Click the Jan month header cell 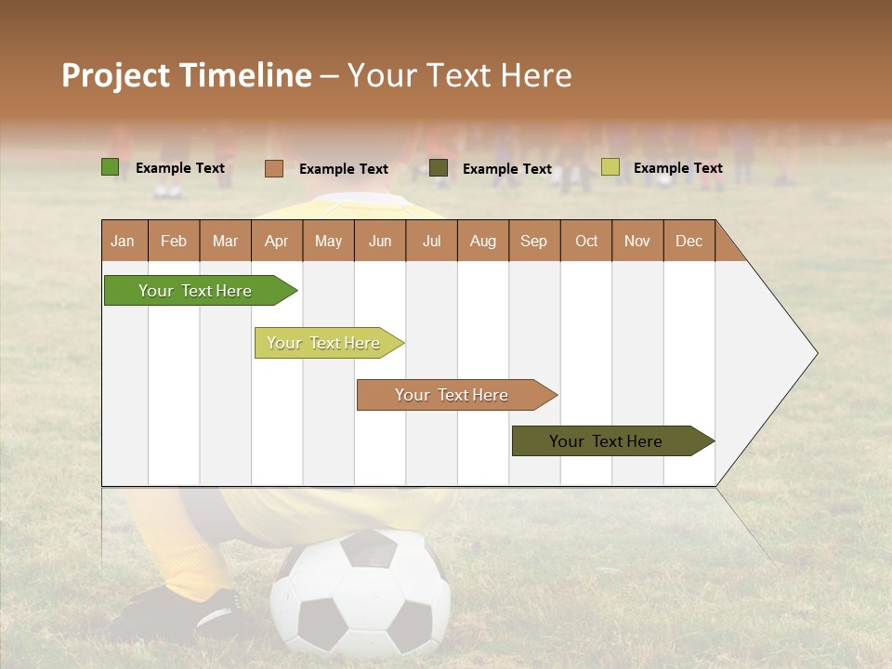tap(124, 241)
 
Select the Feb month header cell tap(174, 241)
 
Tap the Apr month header tap(277, 241)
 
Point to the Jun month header tap(380, 241)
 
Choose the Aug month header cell tap(483, 241)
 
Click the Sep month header tap(534, 241)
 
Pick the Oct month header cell tap(586, 241)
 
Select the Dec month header tap(689, 241)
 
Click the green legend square tap(111, 167)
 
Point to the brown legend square tap(274, 168)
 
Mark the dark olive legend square tap(439, 168)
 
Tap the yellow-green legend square tap(610, 167)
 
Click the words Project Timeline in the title tap(187, 75)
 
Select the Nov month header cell tap(637, 241)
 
